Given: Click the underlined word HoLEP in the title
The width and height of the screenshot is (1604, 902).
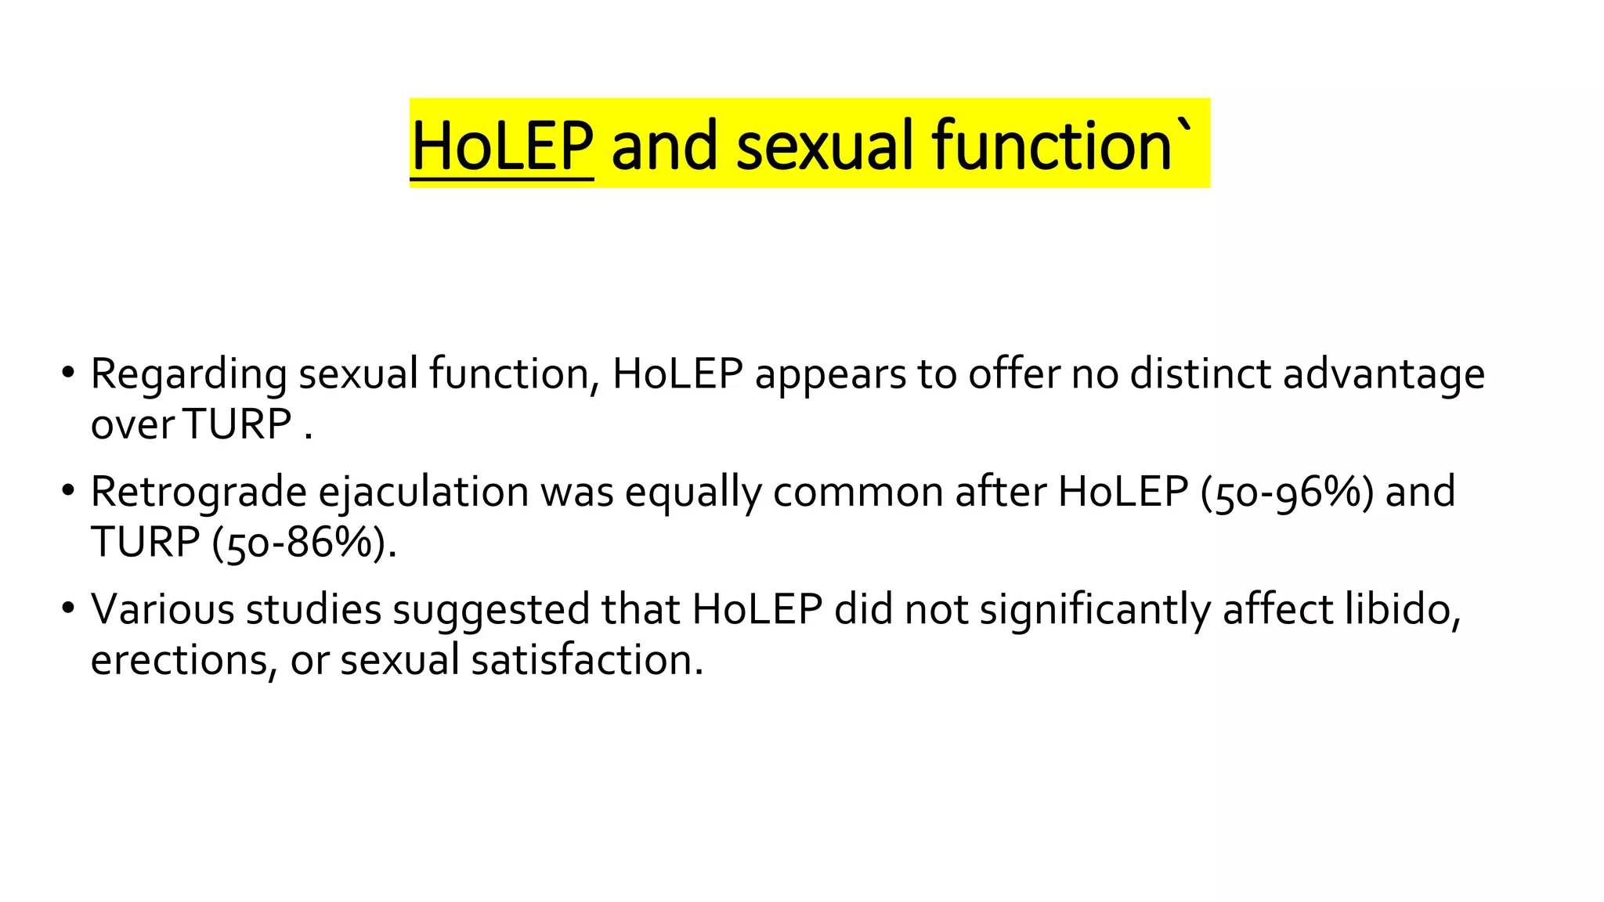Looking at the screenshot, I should (x=501, y=146).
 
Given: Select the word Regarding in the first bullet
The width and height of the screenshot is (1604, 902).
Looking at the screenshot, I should (x=189, y=374).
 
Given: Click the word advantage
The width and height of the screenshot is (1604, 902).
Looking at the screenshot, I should (x=1383, y=374).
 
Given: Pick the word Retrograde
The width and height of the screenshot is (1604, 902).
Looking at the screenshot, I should (x=198, y=492).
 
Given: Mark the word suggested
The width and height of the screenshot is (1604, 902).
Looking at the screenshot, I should (x=490, y=611).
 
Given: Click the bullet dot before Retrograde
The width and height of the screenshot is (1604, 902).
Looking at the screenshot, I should (x=68, y=489).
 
